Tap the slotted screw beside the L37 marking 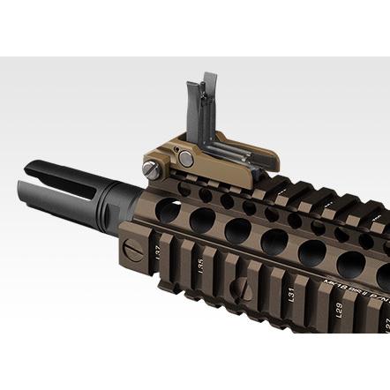133,251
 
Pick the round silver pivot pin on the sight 185,160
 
